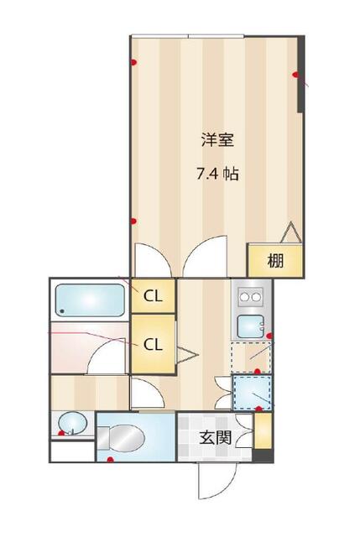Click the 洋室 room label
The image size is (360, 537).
tap(217, 140)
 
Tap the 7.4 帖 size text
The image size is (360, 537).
tap(217, 175)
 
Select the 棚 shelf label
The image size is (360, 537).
tap(275, 261)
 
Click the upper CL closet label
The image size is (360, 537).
tap(153, 296)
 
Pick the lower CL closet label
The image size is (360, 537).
tap(153, 345)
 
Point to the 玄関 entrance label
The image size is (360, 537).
tap(216, 438)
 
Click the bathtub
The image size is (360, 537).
tap(90, 300)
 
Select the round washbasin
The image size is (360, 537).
tap(72, 423)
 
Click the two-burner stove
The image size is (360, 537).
tap(250, 297)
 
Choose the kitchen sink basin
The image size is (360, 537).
tap(251, 326)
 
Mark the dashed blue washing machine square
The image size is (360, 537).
tap(253, 393)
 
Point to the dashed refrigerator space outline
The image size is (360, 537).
tap(251, 357)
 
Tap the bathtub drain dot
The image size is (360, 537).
tap(62, 311)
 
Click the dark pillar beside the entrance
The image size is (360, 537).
tap(263, 456)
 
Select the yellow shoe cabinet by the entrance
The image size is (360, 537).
tap(263, 430)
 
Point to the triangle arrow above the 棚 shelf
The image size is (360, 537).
tap(291, 232)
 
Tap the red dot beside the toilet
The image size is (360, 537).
tap(110, 460)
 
